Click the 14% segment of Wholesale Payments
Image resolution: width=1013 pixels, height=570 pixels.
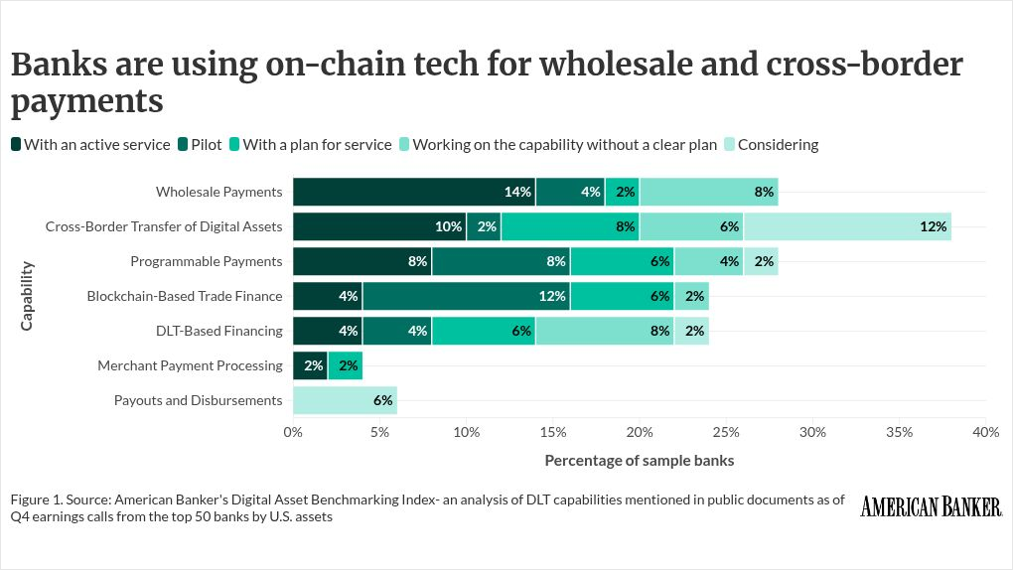[414, 192]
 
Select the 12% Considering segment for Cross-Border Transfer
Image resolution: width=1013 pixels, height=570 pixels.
[847, 226]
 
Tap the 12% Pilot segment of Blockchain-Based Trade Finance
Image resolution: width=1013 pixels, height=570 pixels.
[467, 296]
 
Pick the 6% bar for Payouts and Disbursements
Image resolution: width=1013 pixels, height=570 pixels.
[345, 400]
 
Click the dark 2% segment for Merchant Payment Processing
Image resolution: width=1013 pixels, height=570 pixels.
[310, 365]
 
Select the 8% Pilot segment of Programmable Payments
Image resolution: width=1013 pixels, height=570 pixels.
[502, 261]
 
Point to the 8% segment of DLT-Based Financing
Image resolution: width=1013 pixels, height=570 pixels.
[605, 331]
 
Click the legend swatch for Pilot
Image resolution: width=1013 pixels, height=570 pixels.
[183, 144]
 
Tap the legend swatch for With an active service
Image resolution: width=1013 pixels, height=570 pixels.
[16, 144]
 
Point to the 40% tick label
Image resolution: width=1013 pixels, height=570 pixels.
[986, 432]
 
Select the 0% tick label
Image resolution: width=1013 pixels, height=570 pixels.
[293, 432]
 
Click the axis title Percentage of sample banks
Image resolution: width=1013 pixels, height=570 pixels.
[639, 461]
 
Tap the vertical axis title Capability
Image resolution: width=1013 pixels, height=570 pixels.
[27, 296]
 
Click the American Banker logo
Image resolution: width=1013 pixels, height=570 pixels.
[931, 506]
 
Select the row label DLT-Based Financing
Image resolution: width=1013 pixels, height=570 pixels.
[219, 331]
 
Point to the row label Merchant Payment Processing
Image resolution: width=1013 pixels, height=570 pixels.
[190, 365]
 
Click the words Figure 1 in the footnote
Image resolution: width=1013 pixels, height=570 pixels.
[36, 499]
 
